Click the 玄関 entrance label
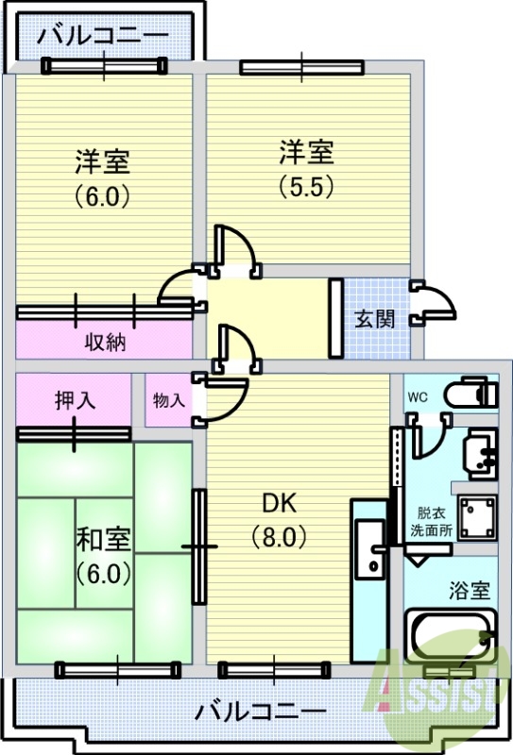point(375,319)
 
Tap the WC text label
point(418,397)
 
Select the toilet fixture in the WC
point(470,394)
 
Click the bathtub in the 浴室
point(451,636)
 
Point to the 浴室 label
point(470,591)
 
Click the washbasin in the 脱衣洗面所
point(480,453)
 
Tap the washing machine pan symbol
point(477,517)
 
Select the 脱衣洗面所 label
point(431,521)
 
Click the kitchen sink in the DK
point(370,549)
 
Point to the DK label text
point(280,503)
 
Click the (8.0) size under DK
point(280,536)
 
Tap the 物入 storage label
point(169,399)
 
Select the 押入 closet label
point(76,399)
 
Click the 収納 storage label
point(106,342)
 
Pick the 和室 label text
point(104,539)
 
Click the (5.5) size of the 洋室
point(307,186)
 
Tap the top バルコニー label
point(103,36)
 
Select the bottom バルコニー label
point(261,711)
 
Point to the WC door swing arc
point(436,442)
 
